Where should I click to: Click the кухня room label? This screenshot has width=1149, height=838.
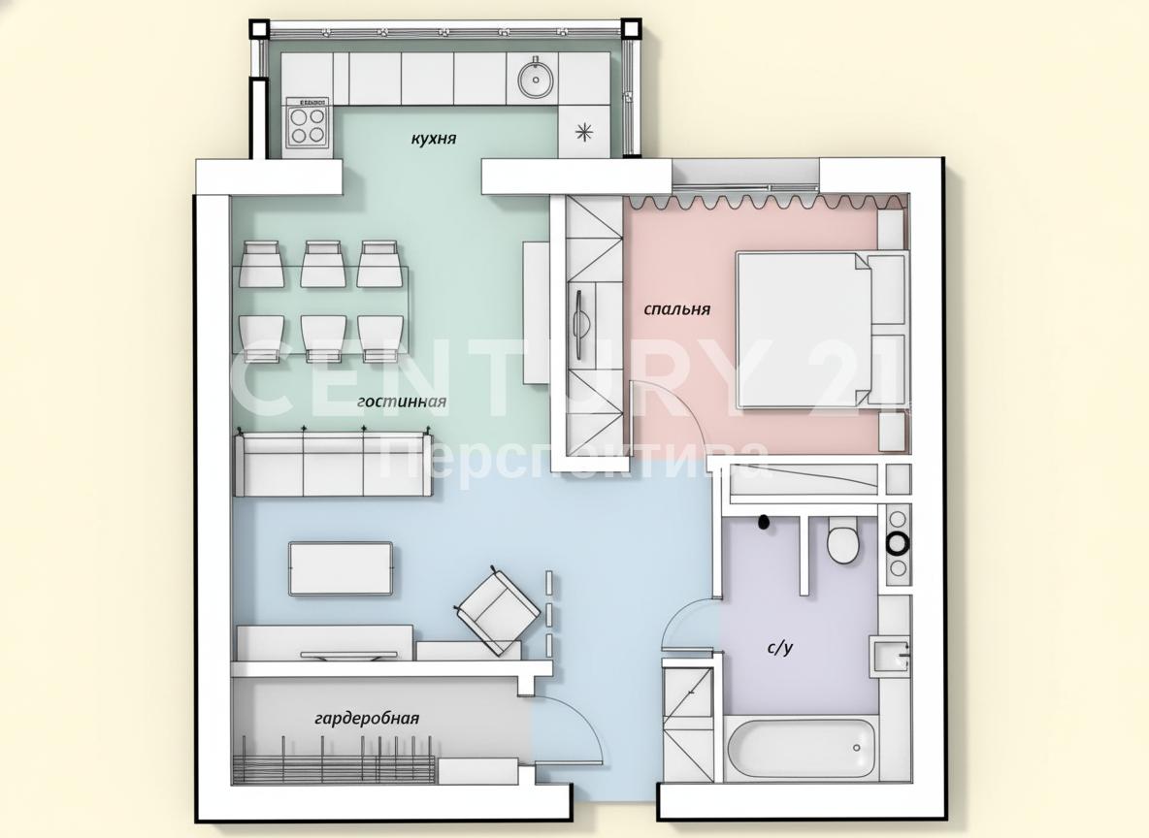433,139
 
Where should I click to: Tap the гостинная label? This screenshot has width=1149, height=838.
402,402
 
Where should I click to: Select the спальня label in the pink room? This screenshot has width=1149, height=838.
677,309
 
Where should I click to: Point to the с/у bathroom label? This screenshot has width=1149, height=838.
780,648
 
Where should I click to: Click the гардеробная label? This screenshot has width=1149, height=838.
367,719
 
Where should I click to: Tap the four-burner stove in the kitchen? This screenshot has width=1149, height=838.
307,126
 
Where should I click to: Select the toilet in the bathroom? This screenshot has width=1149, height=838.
843,540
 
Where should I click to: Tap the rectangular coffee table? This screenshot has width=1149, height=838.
341,568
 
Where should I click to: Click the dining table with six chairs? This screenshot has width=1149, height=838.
321,302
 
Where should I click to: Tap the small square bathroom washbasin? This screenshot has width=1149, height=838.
890,654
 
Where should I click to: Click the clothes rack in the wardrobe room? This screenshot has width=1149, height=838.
334,760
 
